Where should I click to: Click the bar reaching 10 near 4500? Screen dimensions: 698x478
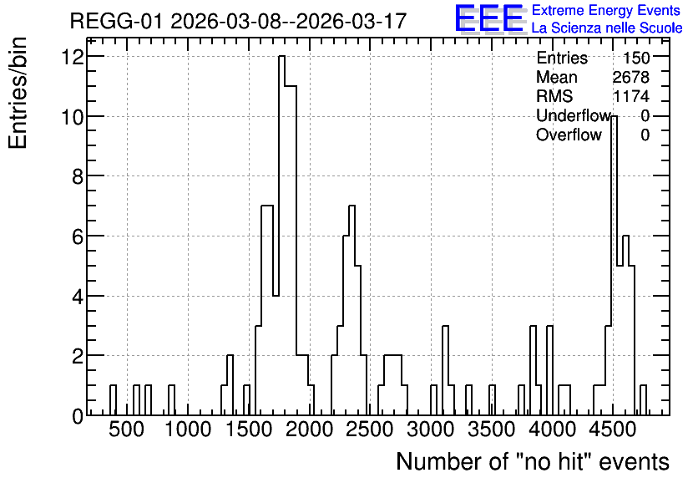pos(614,266)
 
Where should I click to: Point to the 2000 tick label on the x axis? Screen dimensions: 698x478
pos(309,430)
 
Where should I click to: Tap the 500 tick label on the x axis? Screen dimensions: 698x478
pos(127,430)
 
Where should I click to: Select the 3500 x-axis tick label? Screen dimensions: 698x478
pos(492,430)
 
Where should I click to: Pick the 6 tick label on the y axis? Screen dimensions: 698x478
pos(78,236)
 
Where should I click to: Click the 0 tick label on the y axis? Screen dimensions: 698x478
pos(78,416)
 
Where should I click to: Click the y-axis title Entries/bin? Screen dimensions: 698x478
pos(18,93)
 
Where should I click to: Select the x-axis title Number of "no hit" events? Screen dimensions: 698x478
pos(533,461)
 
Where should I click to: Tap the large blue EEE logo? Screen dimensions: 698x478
pos(488,18)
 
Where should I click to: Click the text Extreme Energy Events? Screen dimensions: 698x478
pos(606,10)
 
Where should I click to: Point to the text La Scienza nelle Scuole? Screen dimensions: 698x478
pos(607,28)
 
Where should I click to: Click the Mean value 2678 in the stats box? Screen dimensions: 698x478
pos(630,77)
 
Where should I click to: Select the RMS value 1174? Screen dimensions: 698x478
pos(630,96)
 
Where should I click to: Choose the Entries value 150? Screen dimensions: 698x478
pos(636,58)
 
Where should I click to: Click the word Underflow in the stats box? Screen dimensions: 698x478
pos(574,115)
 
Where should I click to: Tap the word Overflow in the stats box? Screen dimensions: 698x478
pos(569,135)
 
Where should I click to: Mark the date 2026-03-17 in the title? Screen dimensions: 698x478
pos(351,21)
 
